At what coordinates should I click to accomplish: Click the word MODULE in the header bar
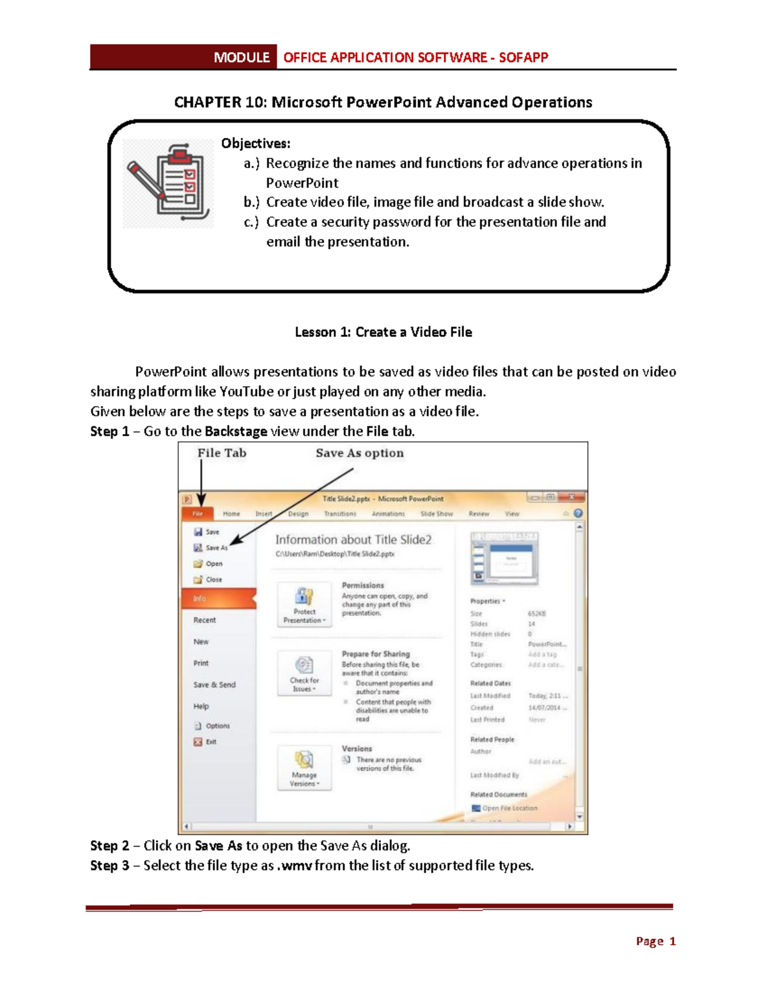[241, 58]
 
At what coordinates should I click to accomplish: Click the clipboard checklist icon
[169, 183]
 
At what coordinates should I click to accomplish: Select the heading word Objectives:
[256, 143]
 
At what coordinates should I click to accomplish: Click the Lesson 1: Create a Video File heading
[383, 332]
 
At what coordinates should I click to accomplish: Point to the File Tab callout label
[222, 453]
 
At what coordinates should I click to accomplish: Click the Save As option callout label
[359, 453]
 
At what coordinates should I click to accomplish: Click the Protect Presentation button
[304, 604]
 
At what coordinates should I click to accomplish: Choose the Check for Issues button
[304, 673]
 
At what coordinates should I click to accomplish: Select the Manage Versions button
[304, 767]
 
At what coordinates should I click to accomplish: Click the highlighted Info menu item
[218, 598]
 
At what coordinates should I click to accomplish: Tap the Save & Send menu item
[215, 684]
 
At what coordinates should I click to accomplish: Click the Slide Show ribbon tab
[437, 513]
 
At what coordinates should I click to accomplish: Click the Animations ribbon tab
[388, 513]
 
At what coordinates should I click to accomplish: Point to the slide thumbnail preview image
[505, 558]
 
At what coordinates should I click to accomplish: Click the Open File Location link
[509, 808]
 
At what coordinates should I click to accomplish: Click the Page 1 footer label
[656, 941]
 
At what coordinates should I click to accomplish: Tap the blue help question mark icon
[578, 513]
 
